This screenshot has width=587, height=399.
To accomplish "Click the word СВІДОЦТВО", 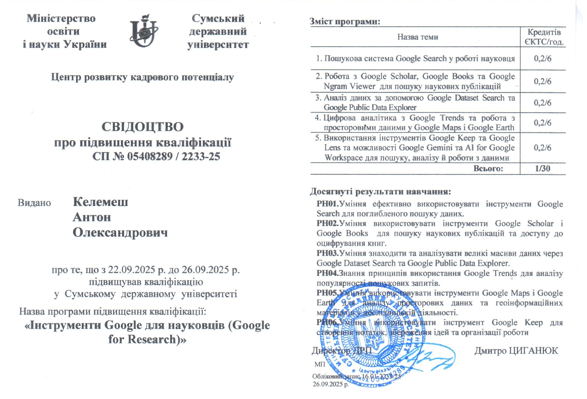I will pyautogui.click(x=142, y=127).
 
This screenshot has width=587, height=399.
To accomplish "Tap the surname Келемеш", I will pyautogui.click(x=101, y=202).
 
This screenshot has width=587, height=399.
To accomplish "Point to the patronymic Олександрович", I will pyautogui.click(x=120, y=233).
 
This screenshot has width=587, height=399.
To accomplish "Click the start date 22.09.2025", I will pyautogui.click(x=131, y=270).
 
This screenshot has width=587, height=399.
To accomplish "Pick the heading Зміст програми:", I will pyautogui.click(x=345, y=21).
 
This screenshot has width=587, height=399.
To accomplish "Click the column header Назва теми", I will pyautogui.click(x=418, y=37).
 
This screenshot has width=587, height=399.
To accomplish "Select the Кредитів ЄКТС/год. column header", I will pyautogui.click(x=542, y=37).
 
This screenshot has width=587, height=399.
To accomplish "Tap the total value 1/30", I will pyautogui.click(x=542, y=168).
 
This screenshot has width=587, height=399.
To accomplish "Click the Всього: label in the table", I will pyautogui.click(x=488, y=168).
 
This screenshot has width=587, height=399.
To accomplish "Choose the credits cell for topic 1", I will pyautogui.click(x=542, y=59).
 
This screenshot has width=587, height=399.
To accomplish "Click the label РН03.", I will pyautogui.click(x=327, y=253).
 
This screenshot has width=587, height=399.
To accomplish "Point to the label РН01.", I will pyautogui.click(x=327, y=204).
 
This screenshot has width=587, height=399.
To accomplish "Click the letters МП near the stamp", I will pyautogui.click(x=320, y=364).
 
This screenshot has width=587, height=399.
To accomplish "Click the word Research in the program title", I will pyautogui.click(x=151, y=339).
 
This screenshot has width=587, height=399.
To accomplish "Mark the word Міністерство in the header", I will pyautogui.click(x=61, y=18).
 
